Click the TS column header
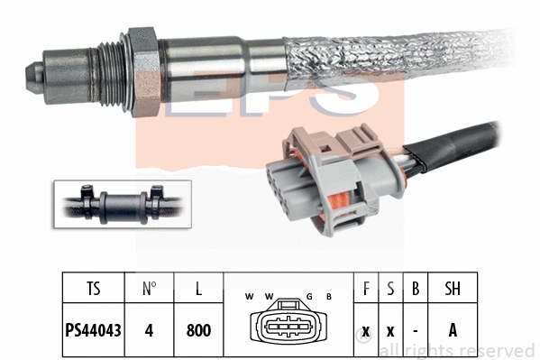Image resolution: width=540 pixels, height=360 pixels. click(94, 290)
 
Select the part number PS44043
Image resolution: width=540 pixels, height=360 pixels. click(94, 330)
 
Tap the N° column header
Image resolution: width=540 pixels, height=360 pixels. click(149, 290)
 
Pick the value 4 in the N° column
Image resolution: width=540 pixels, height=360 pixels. click(149, 330)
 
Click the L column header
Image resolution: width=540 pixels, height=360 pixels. click(198, 290)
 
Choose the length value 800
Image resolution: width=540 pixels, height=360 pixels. click(198, 330)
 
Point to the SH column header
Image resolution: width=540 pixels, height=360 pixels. click(453, 290)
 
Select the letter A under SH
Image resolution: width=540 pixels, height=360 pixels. click(453, 330)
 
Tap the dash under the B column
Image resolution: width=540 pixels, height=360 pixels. click(415, 330)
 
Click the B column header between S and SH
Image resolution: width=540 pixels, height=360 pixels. click(415, 290)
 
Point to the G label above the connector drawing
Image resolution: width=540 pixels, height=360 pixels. click(308, 296)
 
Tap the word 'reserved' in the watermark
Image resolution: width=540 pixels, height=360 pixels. click(500, 349)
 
